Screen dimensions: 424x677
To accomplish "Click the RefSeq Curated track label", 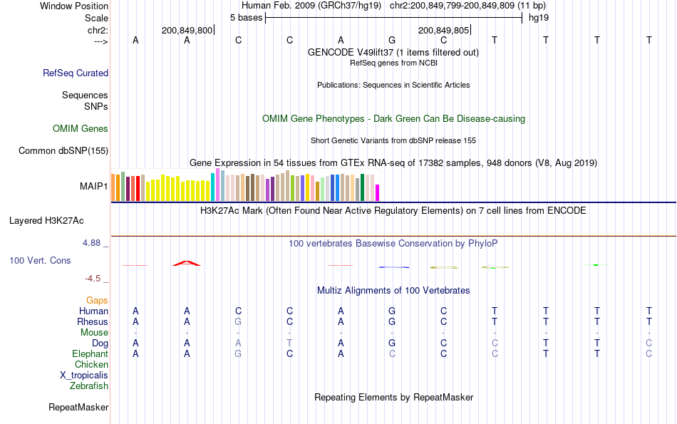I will point(76,73).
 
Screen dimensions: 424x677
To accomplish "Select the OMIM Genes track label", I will point(81,129).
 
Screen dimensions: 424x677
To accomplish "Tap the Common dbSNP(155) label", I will point(63,150).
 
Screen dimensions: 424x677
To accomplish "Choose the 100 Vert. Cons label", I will point(40,261).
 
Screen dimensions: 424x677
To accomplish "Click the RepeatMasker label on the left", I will point(78,408).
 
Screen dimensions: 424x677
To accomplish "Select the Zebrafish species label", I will point(89,386).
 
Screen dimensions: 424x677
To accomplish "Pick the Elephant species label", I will point(90,354).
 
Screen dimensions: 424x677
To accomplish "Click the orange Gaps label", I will point(97,301).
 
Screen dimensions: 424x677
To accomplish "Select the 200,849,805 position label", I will point(444,30).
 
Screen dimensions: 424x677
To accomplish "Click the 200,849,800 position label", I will point(187,30).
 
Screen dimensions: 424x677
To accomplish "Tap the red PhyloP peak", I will point(187,264).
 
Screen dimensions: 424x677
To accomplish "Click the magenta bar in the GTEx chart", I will point(378,192).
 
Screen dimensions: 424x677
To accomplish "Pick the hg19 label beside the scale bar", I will point(538,17).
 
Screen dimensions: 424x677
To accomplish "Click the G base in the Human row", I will point(392,311).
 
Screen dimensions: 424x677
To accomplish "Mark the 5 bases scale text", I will point(246,17).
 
